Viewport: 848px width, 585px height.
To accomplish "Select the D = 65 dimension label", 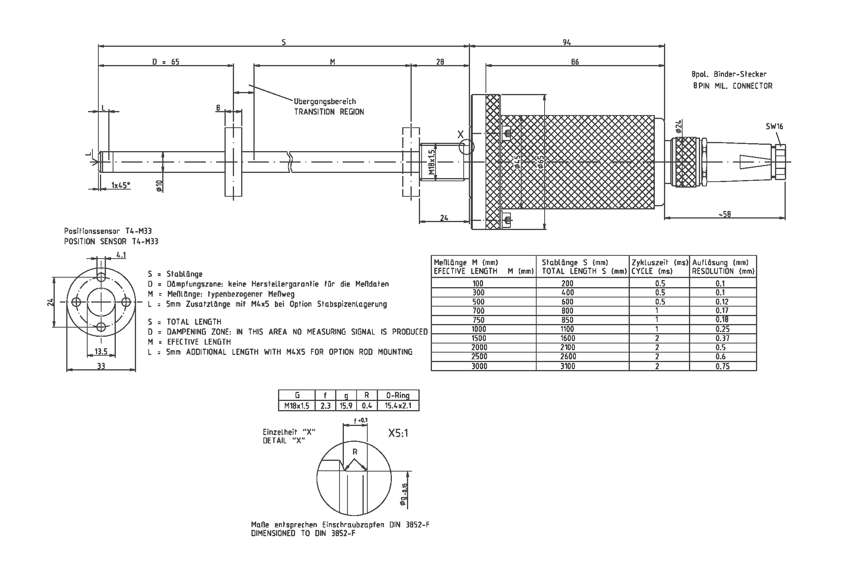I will pos(166,62).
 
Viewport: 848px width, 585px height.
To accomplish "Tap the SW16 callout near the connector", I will pos(774,127).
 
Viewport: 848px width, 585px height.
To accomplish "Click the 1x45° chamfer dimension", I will pos(121,185).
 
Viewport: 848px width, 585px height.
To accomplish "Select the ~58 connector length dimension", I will pos(724,215).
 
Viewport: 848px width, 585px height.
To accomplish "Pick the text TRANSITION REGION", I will pos(329,112).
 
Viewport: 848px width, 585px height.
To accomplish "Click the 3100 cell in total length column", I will pos(568,366).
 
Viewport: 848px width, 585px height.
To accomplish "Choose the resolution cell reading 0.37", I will pos(723,338).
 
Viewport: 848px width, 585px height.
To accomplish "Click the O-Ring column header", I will pos(398,395).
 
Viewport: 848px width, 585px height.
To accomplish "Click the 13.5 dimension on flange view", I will pos(101,351).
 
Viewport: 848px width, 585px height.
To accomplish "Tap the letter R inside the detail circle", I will pos(355,451).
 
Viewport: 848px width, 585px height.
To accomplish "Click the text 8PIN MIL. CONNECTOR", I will pos(732,86).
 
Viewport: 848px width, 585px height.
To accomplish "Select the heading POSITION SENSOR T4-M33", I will pos(111,242).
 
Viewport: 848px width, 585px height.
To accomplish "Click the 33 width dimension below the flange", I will pos(101,366).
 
